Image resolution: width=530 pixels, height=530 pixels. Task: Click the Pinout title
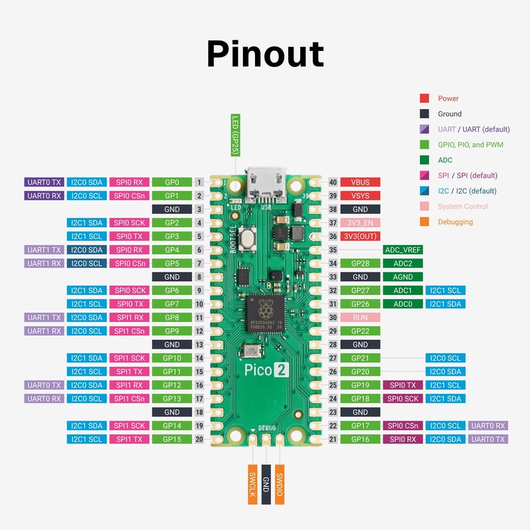click(x=265, y=53)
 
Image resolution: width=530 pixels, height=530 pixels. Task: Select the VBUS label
click(x=360, y=182)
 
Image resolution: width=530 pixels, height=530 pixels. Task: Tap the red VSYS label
click(x=360, y=195)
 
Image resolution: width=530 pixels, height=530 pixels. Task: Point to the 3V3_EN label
click(x=360, y=223)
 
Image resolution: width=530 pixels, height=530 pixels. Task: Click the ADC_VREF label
click(x=403, y=250)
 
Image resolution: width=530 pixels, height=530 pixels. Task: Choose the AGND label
click(x=403, y=277)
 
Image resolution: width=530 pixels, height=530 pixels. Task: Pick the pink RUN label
click(x=360, y=317)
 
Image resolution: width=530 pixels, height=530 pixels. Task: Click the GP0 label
click(x=172, y=182)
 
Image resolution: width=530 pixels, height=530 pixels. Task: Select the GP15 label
click(x=172, y=439)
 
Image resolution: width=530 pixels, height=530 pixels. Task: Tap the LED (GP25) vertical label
click(x=235, y=135)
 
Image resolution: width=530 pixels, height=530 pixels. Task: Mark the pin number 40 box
click(x=333, y=182)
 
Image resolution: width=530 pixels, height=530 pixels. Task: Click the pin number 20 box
click(x=198, y=439)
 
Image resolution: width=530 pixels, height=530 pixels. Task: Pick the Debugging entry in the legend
click(x=455, y=222)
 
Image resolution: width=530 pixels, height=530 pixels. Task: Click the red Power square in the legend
click(x=424, y=98)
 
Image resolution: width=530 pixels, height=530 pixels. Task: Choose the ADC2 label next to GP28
click(x=403, y=264)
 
